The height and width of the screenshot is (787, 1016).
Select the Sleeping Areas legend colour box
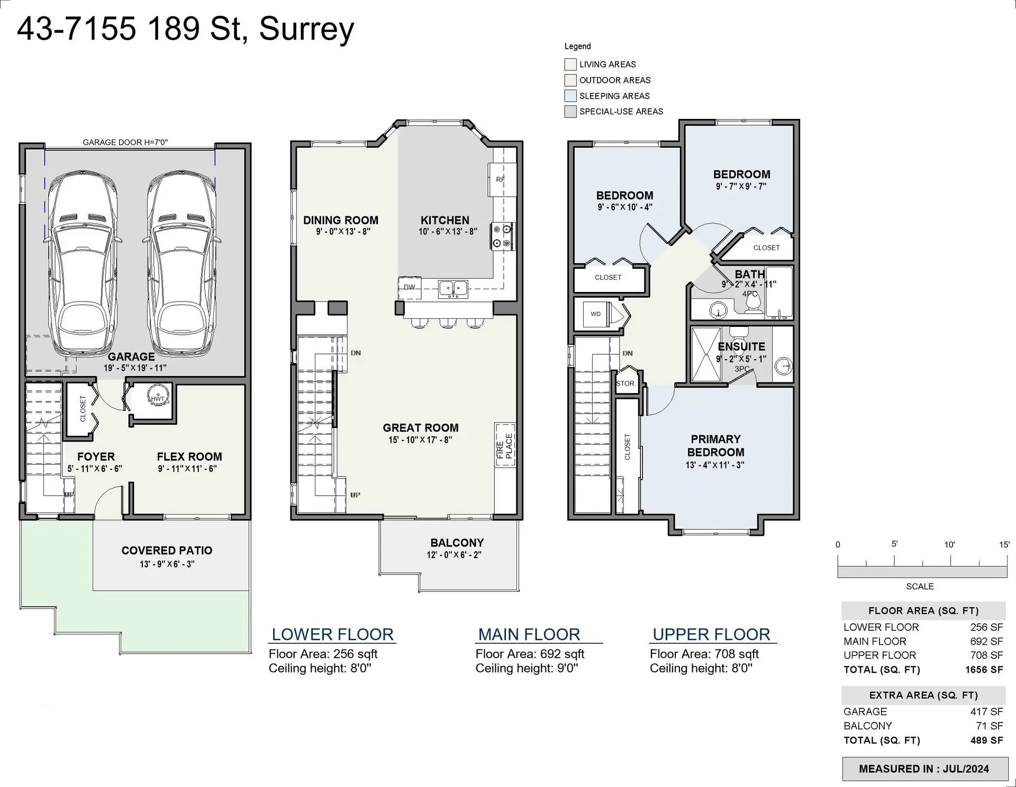[570, 96]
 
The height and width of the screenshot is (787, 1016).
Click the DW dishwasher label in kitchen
[409, 287]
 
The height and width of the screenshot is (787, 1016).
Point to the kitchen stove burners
[502, 236]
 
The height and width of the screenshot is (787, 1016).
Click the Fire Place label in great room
[505, 445]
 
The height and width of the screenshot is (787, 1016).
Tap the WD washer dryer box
[596, 314]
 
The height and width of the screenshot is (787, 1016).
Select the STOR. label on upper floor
[625, 383]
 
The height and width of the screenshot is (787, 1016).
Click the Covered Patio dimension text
[167, 564]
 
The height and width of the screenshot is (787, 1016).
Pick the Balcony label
[457, 543]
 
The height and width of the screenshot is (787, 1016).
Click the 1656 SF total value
[984, 670]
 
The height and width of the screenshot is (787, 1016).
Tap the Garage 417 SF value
[986, 712]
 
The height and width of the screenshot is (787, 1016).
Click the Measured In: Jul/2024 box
[924, 769]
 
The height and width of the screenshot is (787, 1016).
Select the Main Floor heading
[529, 634]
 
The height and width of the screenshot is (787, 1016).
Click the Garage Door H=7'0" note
[125, 142]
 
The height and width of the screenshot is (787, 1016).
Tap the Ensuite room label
[741, 346]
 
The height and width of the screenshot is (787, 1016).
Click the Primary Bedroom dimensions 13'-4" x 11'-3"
[715, 465]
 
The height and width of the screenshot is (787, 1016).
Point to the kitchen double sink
[453, 288]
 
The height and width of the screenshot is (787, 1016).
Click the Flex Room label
[189, 456]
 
